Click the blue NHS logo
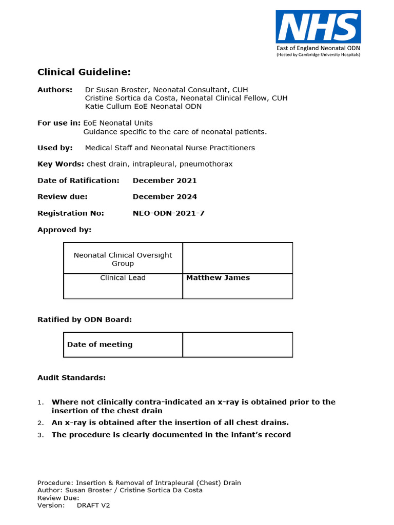click(318, 27)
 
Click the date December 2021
click(164, 180)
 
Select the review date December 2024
click(164, 197)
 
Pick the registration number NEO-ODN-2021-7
click(168, 213)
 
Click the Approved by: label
click(64, 230)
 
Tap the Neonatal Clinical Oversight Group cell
click(123, 259)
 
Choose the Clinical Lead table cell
click(123, 278)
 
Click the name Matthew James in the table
click(218, 278)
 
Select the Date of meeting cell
click(100, 345)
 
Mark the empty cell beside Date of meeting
click(238, 345)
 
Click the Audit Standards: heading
click(71, 378)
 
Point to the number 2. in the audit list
click(41, 423)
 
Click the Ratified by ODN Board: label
click(84, 319)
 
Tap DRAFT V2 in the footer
click(93, 506)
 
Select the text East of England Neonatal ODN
click(318, 48)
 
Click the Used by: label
click(55, 148)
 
